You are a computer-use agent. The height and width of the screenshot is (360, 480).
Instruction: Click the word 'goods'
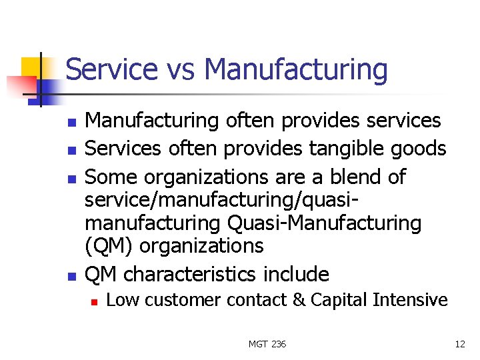(421, 149)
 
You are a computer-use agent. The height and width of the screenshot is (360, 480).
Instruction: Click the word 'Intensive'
(411, 301)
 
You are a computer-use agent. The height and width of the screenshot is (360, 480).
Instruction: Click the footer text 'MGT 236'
(267, 344)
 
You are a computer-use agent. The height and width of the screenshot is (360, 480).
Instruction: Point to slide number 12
(459, 344)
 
